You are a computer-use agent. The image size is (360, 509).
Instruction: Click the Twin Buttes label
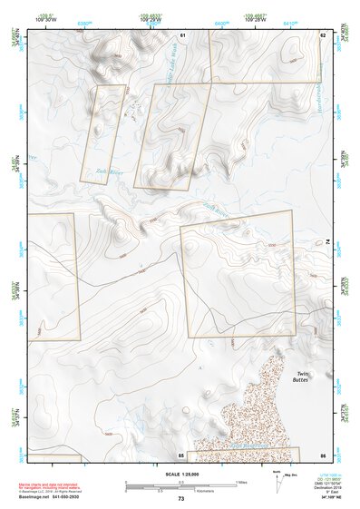pos(303,377)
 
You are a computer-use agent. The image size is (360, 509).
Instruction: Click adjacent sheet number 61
pos(182,34)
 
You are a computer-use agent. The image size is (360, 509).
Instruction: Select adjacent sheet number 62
pos(322,34)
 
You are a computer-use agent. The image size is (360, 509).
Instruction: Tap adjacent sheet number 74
pos(327,240)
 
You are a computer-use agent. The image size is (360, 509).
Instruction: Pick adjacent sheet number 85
pos(181,454)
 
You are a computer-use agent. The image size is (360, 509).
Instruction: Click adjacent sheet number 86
pos(322,454)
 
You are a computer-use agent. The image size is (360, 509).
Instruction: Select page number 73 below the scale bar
pos(181,499)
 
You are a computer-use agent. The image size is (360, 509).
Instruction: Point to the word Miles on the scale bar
pos(240,481)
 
